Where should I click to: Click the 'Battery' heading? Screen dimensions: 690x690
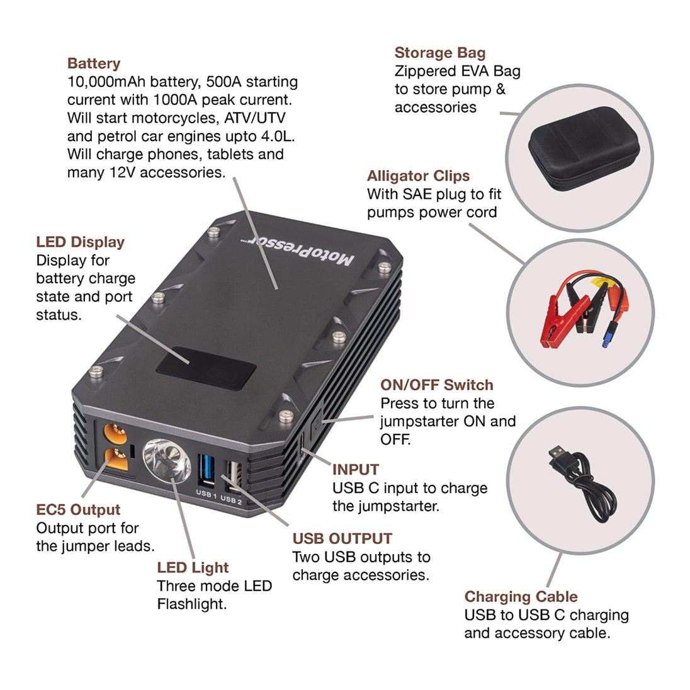click(x=93, y=64)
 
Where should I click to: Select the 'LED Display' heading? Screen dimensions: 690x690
click(x=80, y=242)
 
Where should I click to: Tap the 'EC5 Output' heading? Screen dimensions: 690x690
click(x=78, y=510)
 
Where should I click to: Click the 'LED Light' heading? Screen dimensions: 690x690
click(x=193, y=568)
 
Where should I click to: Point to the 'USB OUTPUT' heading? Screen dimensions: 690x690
click(x=342, y=539)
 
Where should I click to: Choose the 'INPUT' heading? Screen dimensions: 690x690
click(x=355, y=470)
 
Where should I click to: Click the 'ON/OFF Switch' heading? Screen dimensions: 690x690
click(x=436, y=385)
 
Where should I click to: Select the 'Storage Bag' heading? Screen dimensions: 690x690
click(x=439, y=53)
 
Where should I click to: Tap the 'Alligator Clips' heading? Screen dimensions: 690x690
click(x=418, y=176)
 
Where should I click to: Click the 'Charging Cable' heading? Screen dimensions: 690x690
click(x=521, y=597)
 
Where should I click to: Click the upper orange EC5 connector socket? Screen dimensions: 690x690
click(x=115, y=434)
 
